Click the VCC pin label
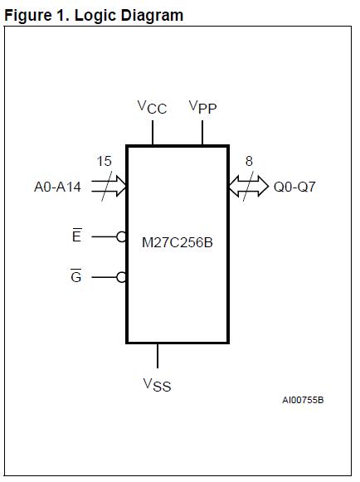coord(152,108)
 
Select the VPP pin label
coord(202,107)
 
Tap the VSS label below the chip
coord(157,384)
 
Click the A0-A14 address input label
coord(57,187)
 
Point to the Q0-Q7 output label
coord(294,187)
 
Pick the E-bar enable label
coord(77,236)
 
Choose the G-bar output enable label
coord(76,277)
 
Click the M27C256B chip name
coord(178,244)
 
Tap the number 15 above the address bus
coord(104,162)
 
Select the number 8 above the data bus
coord(249,162)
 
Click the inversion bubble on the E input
coord(122,236)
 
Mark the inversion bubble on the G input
coord(122,277)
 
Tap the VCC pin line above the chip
coord(153,133)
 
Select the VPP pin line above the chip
coord(203,133)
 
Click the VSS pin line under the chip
coord(158,355)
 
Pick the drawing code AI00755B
coord(303,401)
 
